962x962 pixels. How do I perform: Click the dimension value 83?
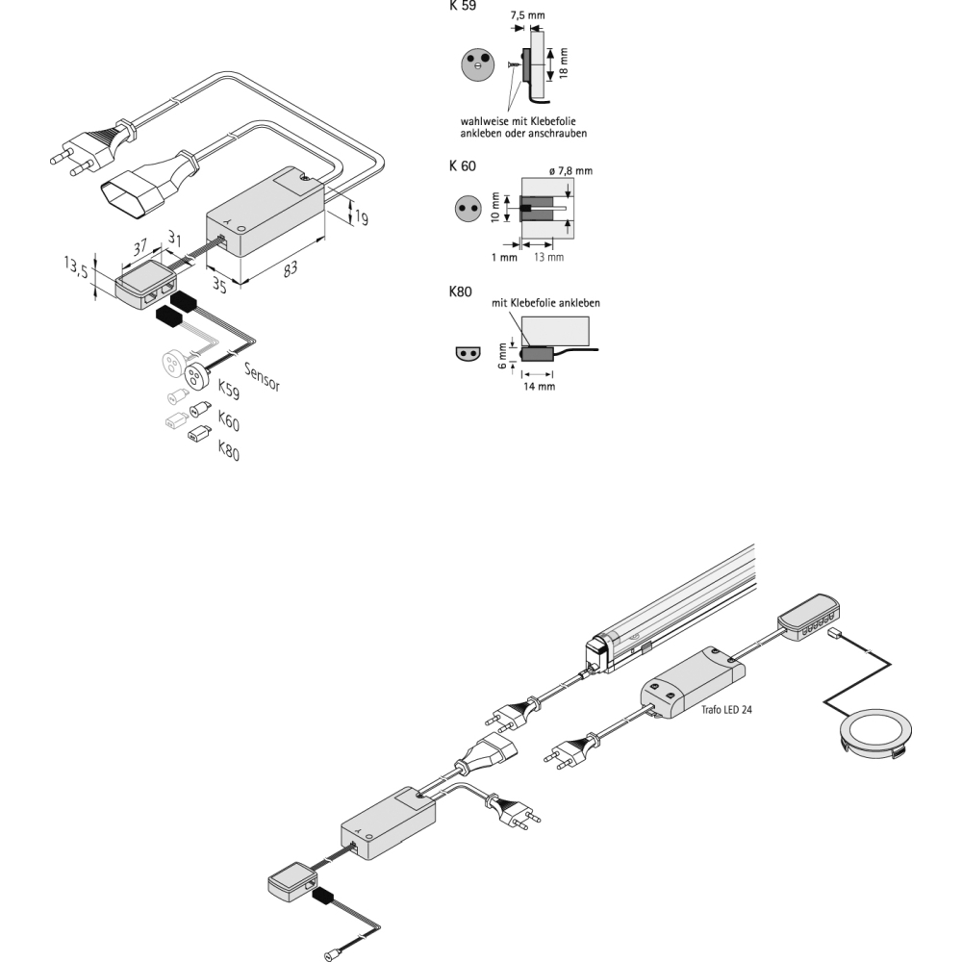290,270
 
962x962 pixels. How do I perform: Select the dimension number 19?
360,218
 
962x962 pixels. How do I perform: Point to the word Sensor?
262,377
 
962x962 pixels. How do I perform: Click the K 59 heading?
462,5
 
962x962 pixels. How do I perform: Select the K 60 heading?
462,166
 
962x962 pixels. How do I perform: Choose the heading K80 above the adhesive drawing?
460,291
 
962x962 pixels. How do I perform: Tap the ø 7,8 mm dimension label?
570,170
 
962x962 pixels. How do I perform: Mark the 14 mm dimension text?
539,387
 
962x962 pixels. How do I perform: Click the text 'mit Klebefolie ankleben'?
545,303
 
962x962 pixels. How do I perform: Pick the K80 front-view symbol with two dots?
467,353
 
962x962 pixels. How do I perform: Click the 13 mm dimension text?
549,258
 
